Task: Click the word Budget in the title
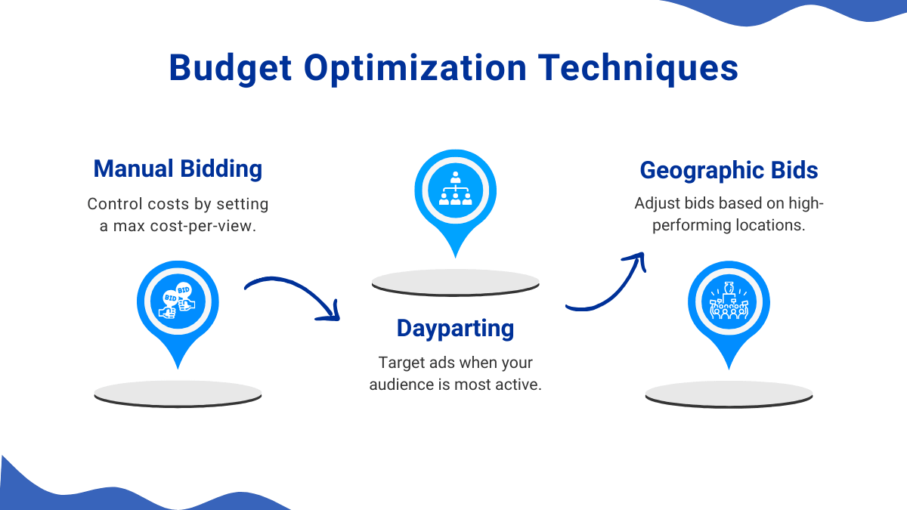(230, 69)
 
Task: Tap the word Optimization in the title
(415, 69)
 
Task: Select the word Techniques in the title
(638, 68)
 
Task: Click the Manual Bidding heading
(178, 168)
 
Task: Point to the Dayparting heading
(455, 328)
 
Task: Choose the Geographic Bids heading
(729, 170)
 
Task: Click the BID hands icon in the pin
(178, 301)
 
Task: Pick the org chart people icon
(456, 189)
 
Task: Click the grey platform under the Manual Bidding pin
(178, 394)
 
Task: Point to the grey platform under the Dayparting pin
(456, 283)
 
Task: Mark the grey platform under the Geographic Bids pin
(729, 394)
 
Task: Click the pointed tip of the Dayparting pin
(456, 257)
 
